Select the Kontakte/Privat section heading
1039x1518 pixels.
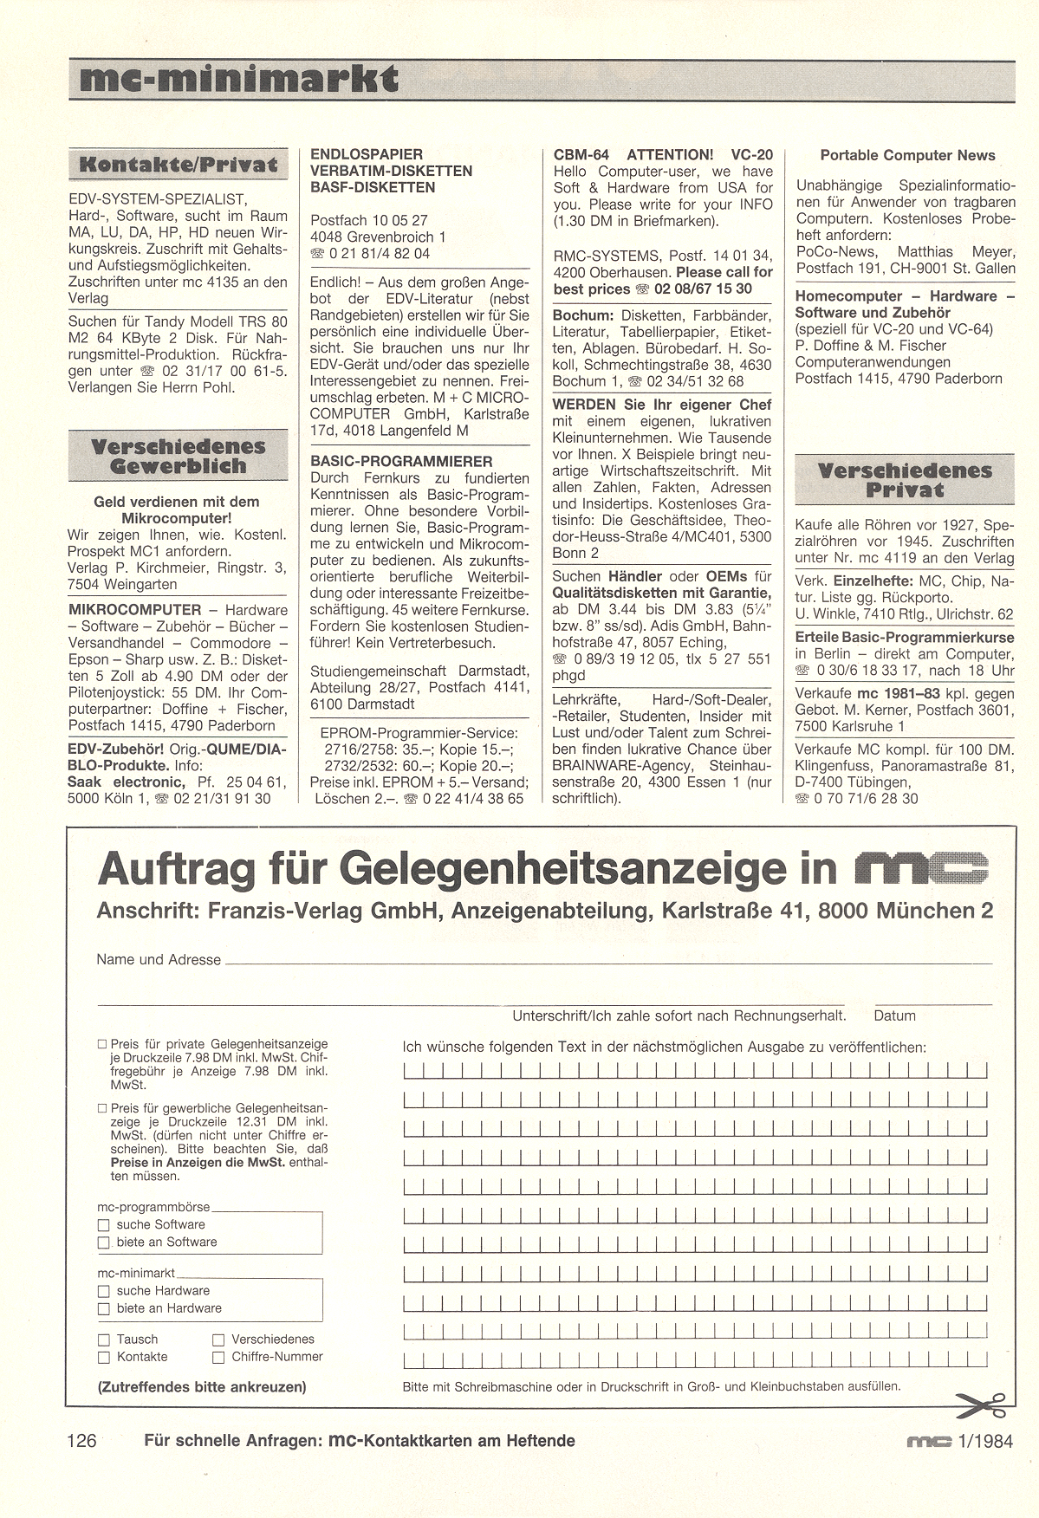(178, 165)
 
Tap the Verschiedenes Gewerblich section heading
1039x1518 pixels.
(178, 457)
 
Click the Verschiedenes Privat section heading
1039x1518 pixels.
(905, 480)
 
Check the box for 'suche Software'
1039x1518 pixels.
(104, 1225)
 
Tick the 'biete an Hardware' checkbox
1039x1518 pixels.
(104, 1308)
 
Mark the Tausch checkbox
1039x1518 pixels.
(104, 1340)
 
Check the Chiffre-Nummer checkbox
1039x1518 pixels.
(218, 1357)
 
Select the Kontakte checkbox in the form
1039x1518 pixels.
(104, 1357)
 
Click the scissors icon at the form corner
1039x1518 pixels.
(979, 1404)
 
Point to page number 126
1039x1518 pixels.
(81, 1441)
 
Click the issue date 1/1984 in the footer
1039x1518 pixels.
(982, 1441)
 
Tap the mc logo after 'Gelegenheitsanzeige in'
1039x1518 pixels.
(921, 867)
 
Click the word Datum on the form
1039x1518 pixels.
(894, 1015)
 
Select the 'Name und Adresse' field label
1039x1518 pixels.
(159, 959)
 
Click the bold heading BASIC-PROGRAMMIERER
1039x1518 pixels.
(401, 462)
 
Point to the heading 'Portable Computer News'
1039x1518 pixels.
(907, 155)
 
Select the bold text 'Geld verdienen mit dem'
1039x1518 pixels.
(177, 502)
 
